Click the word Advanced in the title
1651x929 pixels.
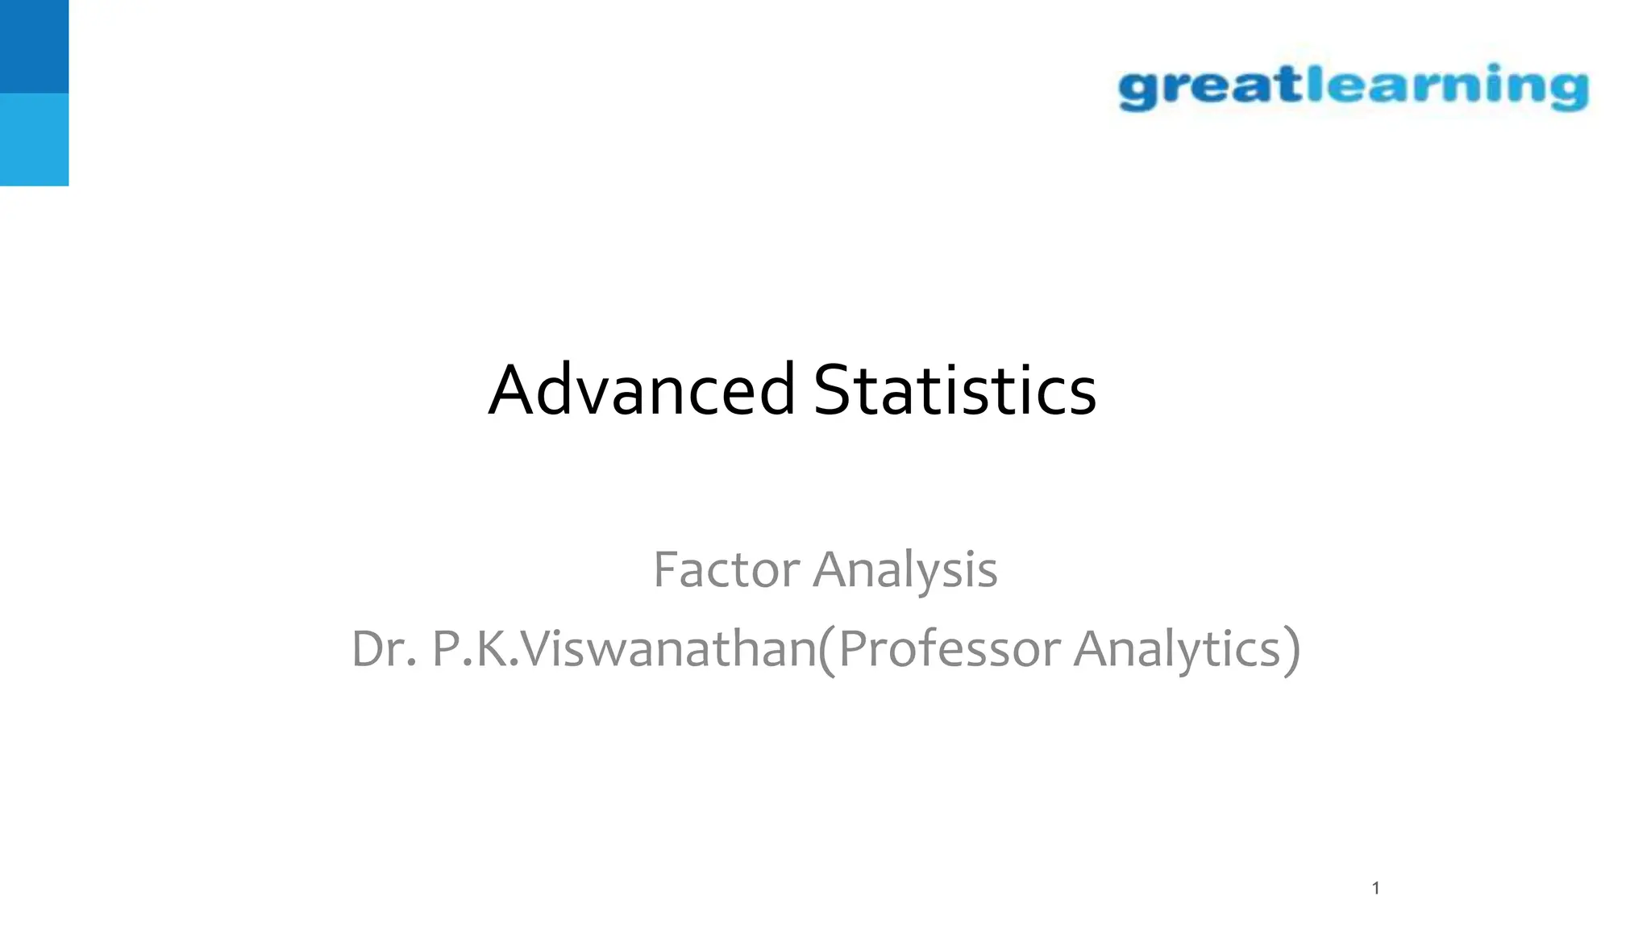(x=642, y=390)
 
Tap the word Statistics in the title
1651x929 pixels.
(x=954, y=390)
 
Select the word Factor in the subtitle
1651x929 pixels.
(x=726, y=570)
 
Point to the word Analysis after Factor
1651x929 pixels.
(x=905, y=571)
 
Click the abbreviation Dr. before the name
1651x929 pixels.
(x=384, y=649)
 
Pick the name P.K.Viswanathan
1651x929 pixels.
(x=624, y=649)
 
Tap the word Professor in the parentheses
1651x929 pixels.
(x=949, y=649)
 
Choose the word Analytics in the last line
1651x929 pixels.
(x=1177, y=650)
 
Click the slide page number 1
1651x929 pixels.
(x=1376, y=888)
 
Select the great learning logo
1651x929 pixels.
(x=1354, y=87)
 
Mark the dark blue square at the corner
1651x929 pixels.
(x=34, y=46)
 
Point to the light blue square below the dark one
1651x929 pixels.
(x=34, y=140)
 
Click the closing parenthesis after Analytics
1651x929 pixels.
(x=1291, y=650)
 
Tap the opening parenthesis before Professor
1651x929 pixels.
(x=826, y=650)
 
